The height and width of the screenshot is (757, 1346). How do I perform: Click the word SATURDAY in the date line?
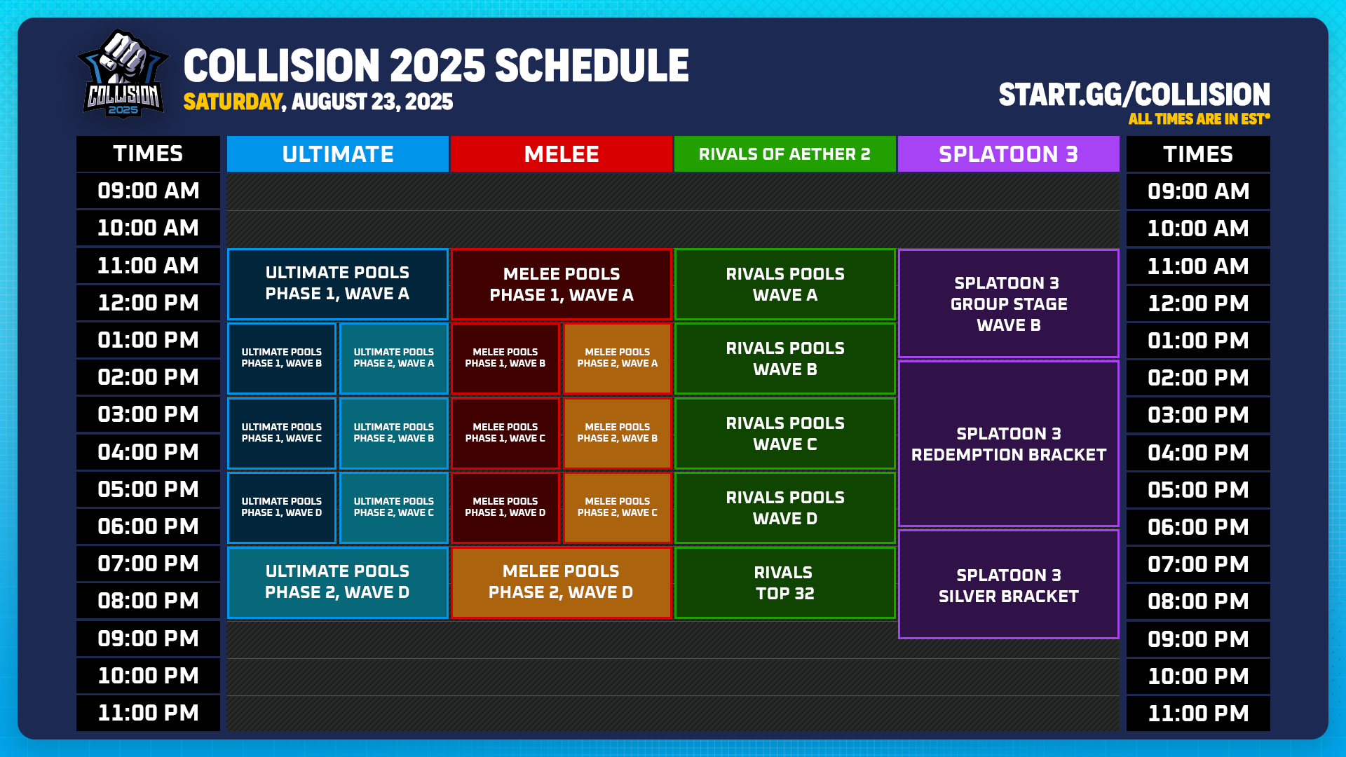coord(232,102)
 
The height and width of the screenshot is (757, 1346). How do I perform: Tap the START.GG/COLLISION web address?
coord(1134,95)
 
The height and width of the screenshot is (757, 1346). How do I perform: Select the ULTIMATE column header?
coord(337,154)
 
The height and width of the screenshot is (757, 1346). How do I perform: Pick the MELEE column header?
coord(561,154)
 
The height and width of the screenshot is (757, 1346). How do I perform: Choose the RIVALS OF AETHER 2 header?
coord(784,154)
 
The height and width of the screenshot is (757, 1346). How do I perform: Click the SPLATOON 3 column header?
coord(1008,154)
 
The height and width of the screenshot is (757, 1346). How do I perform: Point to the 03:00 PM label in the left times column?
coord(148,414)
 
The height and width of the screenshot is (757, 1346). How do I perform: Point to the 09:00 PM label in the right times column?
coord(1197,639)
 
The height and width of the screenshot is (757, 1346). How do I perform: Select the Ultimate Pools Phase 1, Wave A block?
coord(337,284)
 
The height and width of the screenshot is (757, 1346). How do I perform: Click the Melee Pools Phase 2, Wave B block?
coord(617,432)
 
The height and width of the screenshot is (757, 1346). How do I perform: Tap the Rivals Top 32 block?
coord(784,582)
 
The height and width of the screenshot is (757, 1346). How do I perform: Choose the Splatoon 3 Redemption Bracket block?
coord(1008,444)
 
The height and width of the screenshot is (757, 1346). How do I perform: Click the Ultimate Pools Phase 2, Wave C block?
coord(393,507)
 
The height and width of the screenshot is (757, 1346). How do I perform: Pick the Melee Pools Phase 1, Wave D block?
coord(505,507)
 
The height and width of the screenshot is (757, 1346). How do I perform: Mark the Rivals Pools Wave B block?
coord(784,358)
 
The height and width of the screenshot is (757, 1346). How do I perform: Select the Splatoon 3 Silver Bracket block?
coord(1008,585)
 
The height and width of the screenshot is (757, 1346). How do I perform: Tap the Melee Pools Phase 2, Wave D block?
coord(561,582)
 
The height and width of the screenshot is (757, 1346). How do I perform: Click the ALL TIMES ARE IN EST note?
coord(1198,119)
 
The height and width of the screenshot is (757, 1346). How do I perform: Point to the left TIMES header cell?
coord(148,154)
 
